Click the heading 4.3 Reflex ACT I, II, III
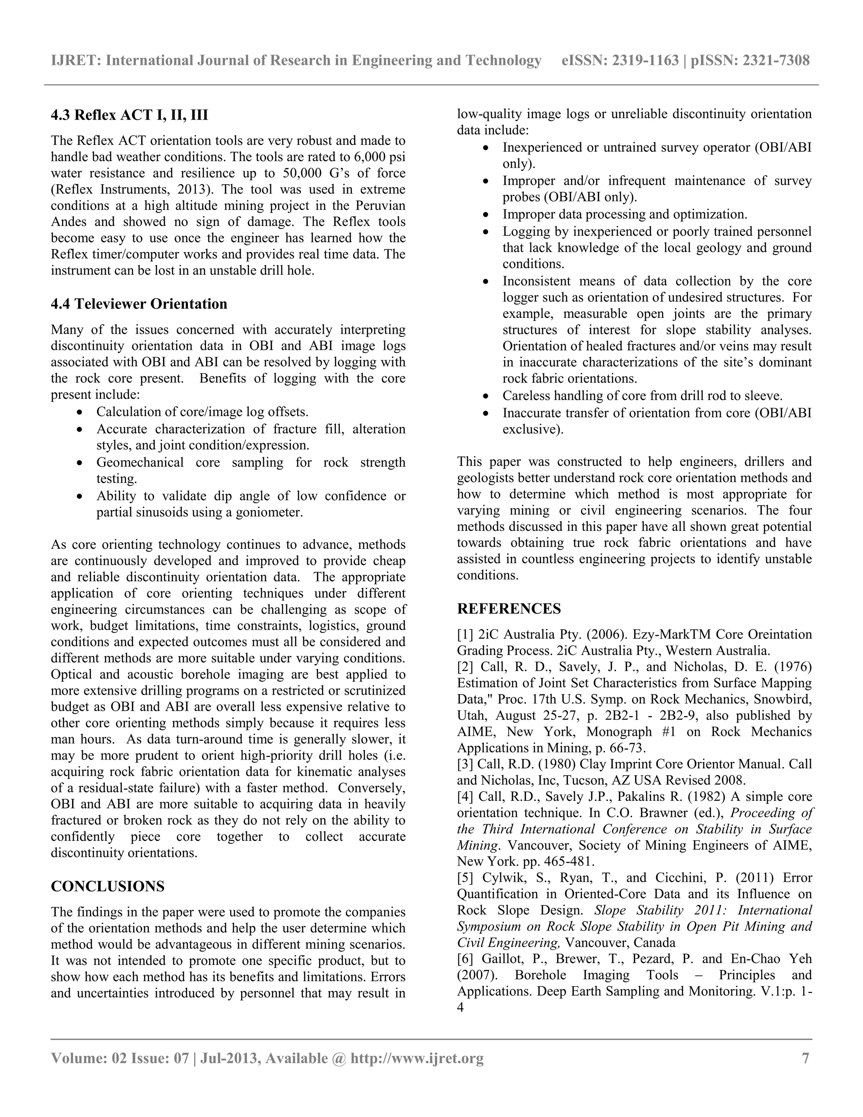coord(129,115)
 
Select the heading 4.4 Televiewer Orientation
coord(139,304)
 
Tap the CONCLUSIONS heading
coord(107,886)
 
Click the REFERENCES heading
coord(509,609)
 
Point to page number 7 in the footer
coord(806,1058)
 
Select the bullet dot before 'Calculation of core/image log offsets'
coord(79,412)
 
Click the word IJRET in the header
coord(75,60)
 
